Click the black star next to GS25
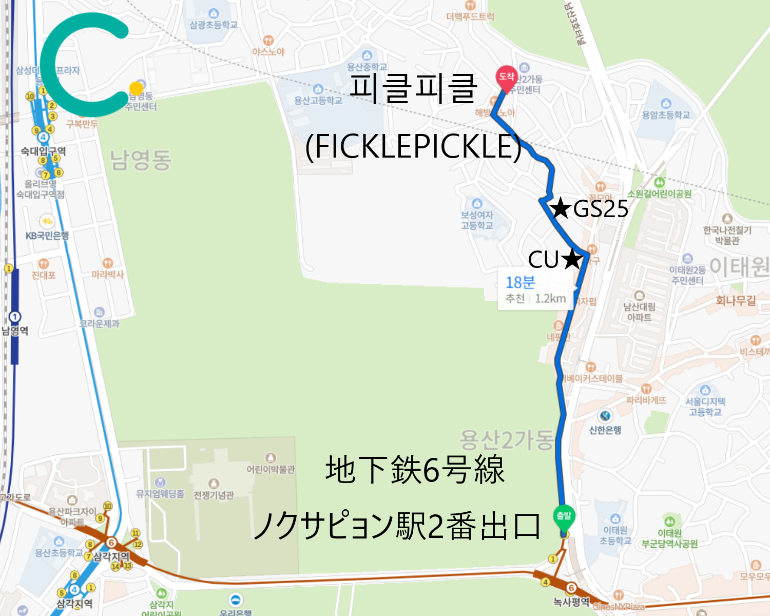[x=561, y=208]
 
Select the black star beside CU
[x=572, y=259]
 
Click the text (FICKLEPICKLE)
[x=413, y=146]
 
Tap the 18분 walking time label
[x=520, y=282]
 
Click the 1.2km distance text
[x=550, y=299]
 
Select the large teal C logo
[x=82, y=64]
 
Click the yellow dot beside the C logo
[x=136, y=89]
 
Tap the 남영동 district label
[x=140, y=160]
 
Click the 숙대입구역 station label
[x=43, y=151]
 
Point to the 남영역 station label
[x=15, y=331]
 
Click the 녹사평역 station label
[x=571, y=602]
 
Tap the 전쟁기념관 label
[x=214, y=495]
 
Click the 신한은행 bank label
[x=605, y=430]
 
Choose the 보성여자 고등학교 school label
[x=477, y=220]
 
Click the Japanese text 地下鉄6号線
[x=415, y=470]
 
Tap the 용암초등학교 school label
[x=666, y=115]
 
